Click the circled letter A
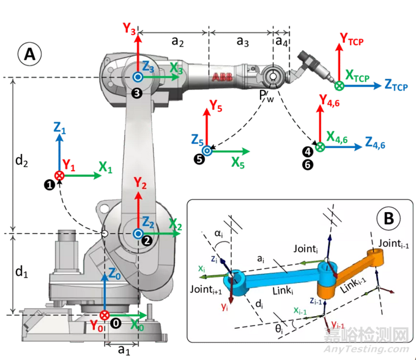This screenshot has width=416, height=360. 29,54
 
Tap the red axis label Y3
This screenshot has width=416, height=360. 129,28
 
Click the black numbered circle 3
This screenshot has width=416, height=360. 136,92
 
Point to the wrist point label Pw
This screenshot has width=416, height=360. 266,97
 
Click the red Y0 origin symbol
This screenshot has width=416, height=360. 105,315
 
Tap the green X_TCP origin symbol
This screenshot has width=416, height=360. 338,87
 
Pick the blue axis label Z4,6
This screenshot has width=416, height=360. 376,143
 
